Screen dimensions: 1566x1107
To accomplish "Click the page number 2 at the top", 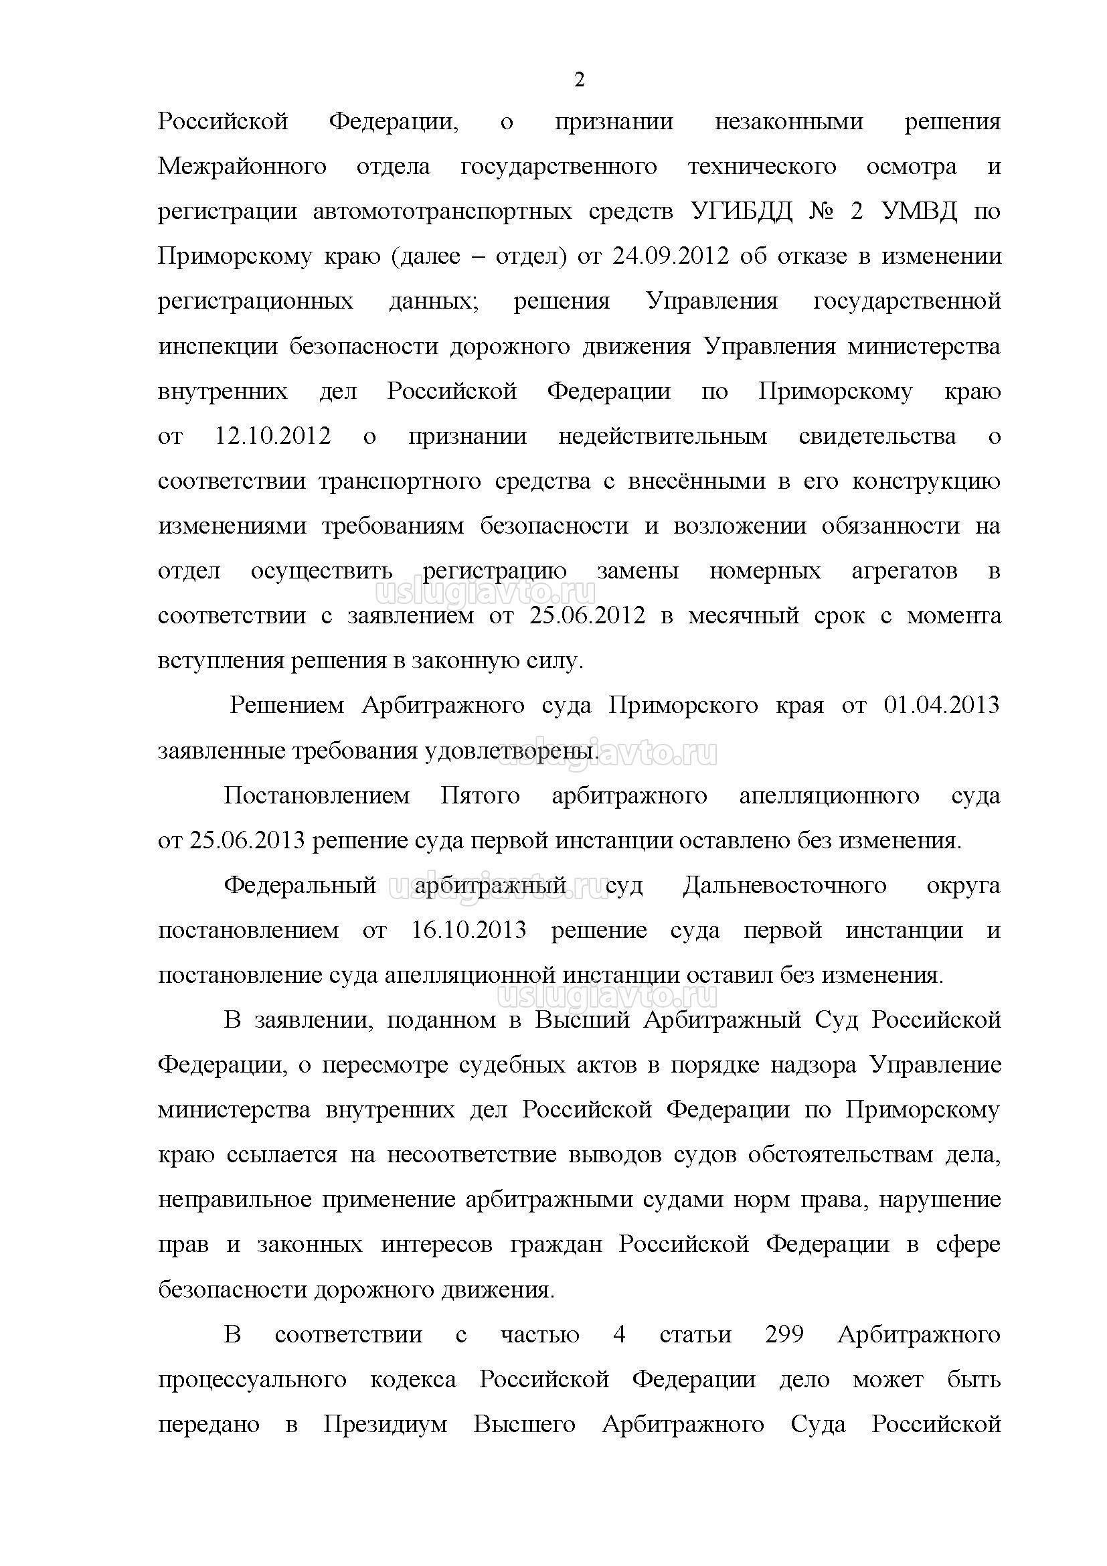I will click(579, 80).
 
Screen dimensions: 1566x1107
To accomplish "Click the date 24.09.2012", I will click(671, 256).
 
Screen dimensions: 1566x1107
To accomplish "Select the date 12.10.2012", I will click(272, 436).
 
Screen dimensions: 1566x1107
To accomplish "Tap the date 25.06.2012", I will click(587, 615).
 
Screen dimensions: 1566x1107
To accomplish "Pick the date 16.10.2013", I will click(469, 931).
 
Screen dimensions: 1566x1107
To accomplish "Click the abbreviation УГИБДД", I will click(742, 212).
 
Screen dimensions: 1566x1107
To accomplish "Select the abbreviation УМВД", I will click(919, 212).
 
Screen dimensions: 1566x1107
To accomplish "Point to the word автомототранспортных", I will click(442, 212).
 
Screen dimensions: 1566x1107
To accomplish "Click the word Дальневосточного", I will click(784, 885).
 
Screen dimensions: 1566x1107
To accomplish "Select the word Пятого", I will click(480, 795).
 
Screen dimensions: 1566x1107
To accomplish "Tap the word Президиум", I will click(384, 1424).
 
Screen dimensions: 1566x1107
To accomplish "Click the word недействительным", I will click(662, 436).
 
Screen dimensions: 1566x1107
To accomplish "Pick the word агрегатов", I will click(905, 570).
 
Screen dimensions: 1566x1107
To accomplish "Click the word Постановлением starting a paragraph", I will click(317, 795).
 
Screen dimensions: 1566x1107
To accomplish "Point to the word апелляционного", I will click(829, 795).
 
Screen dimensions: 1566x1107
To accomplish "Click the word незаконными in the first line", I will click(788, 121).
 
